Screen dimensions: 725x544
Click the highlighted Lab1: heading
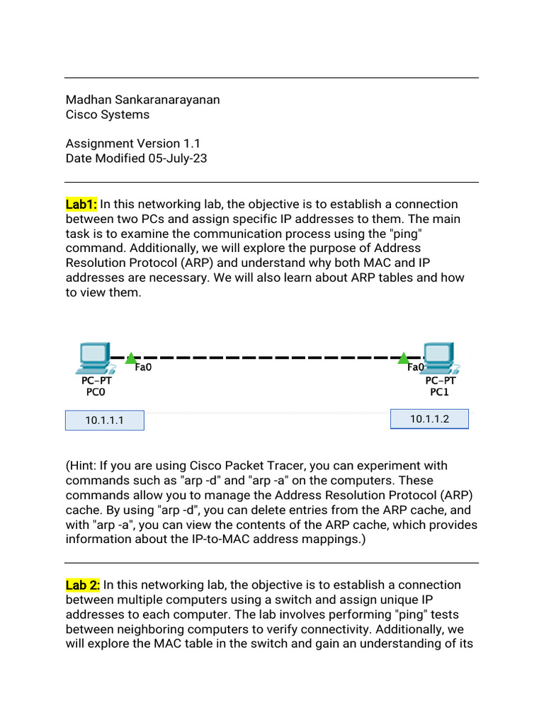pos(81,204)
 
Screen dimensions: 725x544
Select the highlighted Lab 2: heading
pos(83,585)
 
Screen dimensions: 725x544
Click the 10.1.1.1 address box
pos(105,421)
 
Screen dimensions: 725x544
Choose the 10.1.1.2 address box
pos(429,419)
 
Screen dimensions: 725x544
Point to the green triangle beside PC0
pos(130,359)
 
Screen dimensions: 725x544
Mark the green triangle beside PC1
pos(403,358)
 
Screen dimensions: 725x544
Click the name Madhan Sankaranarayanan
pos(142,100)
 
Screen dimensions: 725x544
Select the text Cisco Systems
pos(108,115)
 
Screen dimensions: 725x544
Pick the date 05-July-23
pos(177,159)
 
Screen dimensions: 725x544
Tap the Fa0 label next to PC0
pos(144,367)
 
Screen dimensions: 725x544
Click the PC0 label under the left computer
pos(96,392)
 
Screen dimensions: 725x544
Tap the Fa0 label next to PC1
pos(416,367)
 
